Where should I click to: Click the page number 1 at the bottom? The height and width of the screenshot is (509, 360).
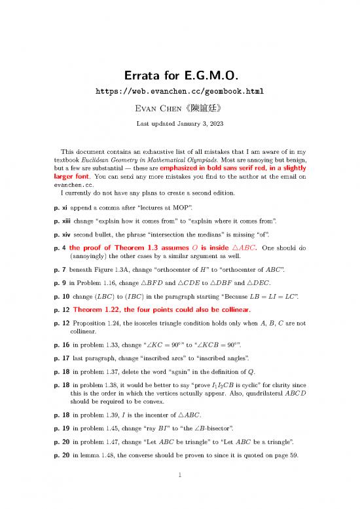[x=180, y=489]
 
